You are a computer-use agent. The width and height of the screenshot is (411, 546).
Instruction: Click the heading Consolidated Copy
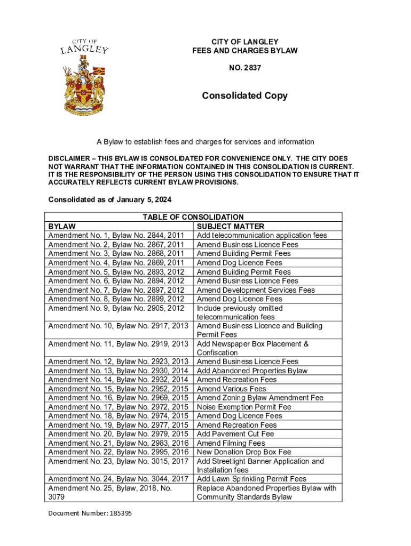point(244,96)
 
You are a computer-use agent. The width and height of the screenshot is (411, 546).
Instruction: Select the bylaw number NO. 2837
point(245,68)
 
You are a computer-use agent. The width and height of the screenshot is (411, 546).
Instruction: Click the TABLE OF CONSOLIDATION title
point(193,217)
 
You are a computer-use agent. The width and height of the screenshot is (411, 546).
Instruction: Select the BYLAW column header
point(62,227)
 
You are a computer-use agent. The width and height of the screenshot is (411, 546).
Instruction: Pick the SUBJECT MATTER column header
point(231,227)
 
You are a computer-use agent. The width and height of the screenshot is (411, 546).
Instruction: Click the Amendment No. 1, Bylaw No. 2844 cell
point(116,236)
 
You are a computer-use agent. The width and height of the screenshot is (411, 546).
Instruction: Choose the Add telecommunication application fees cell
point(262,236)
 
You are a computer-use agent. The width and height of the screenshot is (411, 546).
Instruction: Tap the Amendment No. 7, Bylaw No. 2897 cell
point(116,290)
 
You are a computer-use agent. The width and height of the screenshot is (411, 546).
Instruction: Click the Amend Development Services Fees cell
point(256,290)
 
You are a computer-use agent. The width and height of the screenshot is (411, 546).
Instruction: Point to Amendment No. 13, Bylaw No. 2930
point(118,371)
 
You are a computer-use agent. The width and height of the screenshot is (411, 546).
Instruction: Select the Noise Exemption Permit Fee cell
point(244,407)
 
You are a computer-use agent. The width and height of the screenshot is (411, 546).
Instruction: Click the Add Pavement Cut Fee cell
point(235,434)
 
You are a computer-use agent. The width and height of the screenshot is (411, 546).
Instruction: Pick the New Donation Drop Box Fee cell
point(244,452)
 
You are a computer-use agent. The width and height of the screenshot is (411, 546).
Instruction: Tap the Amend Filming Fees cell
point(231,443)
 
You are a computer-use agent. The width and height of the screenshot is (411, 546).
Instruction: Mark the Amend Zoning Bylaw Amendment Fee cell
point(260,398)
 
